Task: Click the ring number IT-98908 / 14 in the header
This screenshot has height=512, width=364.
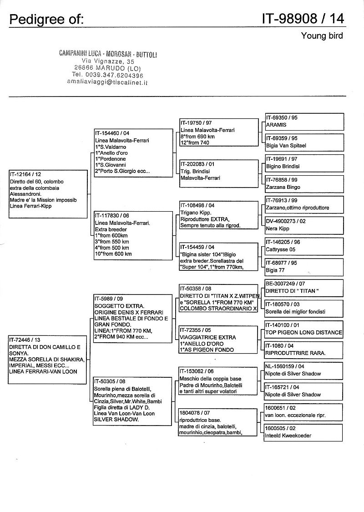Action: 303,18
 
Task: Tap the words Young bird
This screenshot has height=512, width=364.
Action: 322,36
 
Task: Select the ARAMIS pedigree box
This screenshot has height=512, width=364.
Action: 304,122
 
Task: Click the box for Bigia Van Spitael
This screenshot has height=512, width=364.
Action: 304,142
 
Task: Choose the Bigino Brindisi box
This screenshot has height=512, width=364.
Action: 304,163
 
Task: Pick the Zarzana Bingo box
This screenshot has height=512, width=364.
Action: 304,183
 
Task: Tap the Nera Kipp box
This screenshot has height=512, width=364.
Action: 304,225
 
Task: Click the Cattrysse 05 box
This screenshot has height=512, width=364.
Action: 304,246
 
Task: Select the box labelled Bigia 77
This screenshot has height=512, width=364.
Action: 304,267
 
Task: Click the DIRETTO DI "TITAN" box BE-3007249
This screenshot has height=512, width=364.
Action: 304,288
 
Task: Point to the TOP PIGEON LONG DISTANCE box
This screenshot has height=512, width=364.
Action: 304,329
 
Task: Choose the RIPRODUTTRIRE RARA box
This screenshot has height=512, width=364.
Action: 304,350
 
